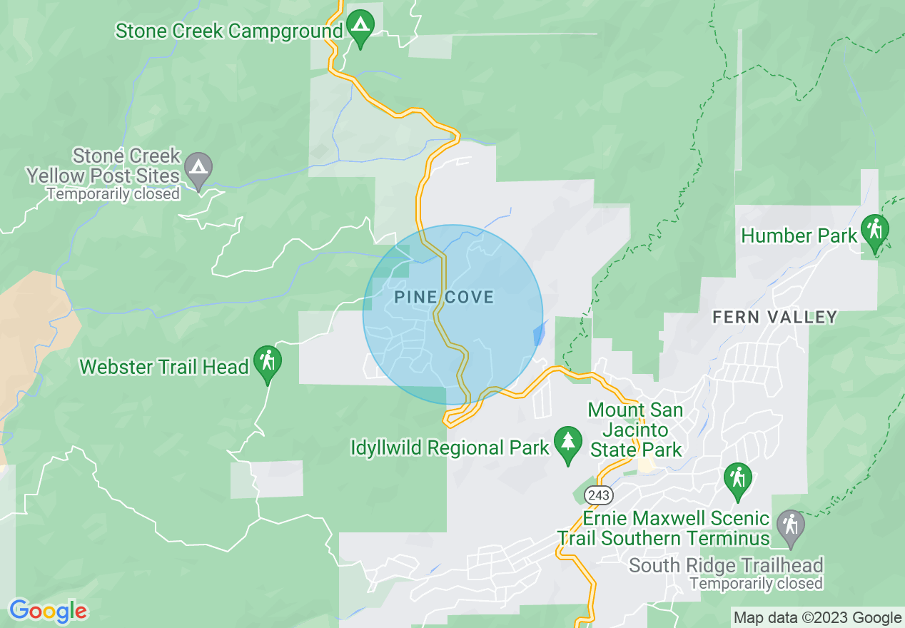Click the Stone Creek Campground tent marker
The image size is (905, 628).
coord(360,27)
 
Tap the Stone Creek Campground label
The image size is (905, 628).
coord(229,31)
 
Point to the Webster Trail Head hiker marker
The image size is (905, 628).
coord(268,361)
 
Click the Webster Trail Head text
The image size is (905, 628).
coord(164,367)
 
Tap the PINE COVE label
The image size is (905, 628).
coord(444,297)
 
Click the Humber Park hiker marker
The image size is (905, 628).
coord(874,230)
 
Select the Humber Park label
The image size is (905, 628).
coord(799,235)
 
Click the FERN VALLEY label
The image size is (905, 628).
coord(774,317)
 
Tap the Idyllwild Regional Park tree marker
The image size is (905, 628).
coord(568,442)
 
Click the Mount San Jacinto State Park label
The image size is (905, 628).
coord(635,430)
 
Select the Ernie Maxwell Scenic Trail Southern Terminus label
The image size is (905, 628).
coord(664,528)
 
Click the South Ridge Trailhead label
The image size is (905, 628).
coord(726,566)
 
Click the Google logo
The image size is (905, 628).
coord(48,611)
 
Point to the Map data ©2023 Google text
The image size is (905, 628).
coord(818,618)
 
